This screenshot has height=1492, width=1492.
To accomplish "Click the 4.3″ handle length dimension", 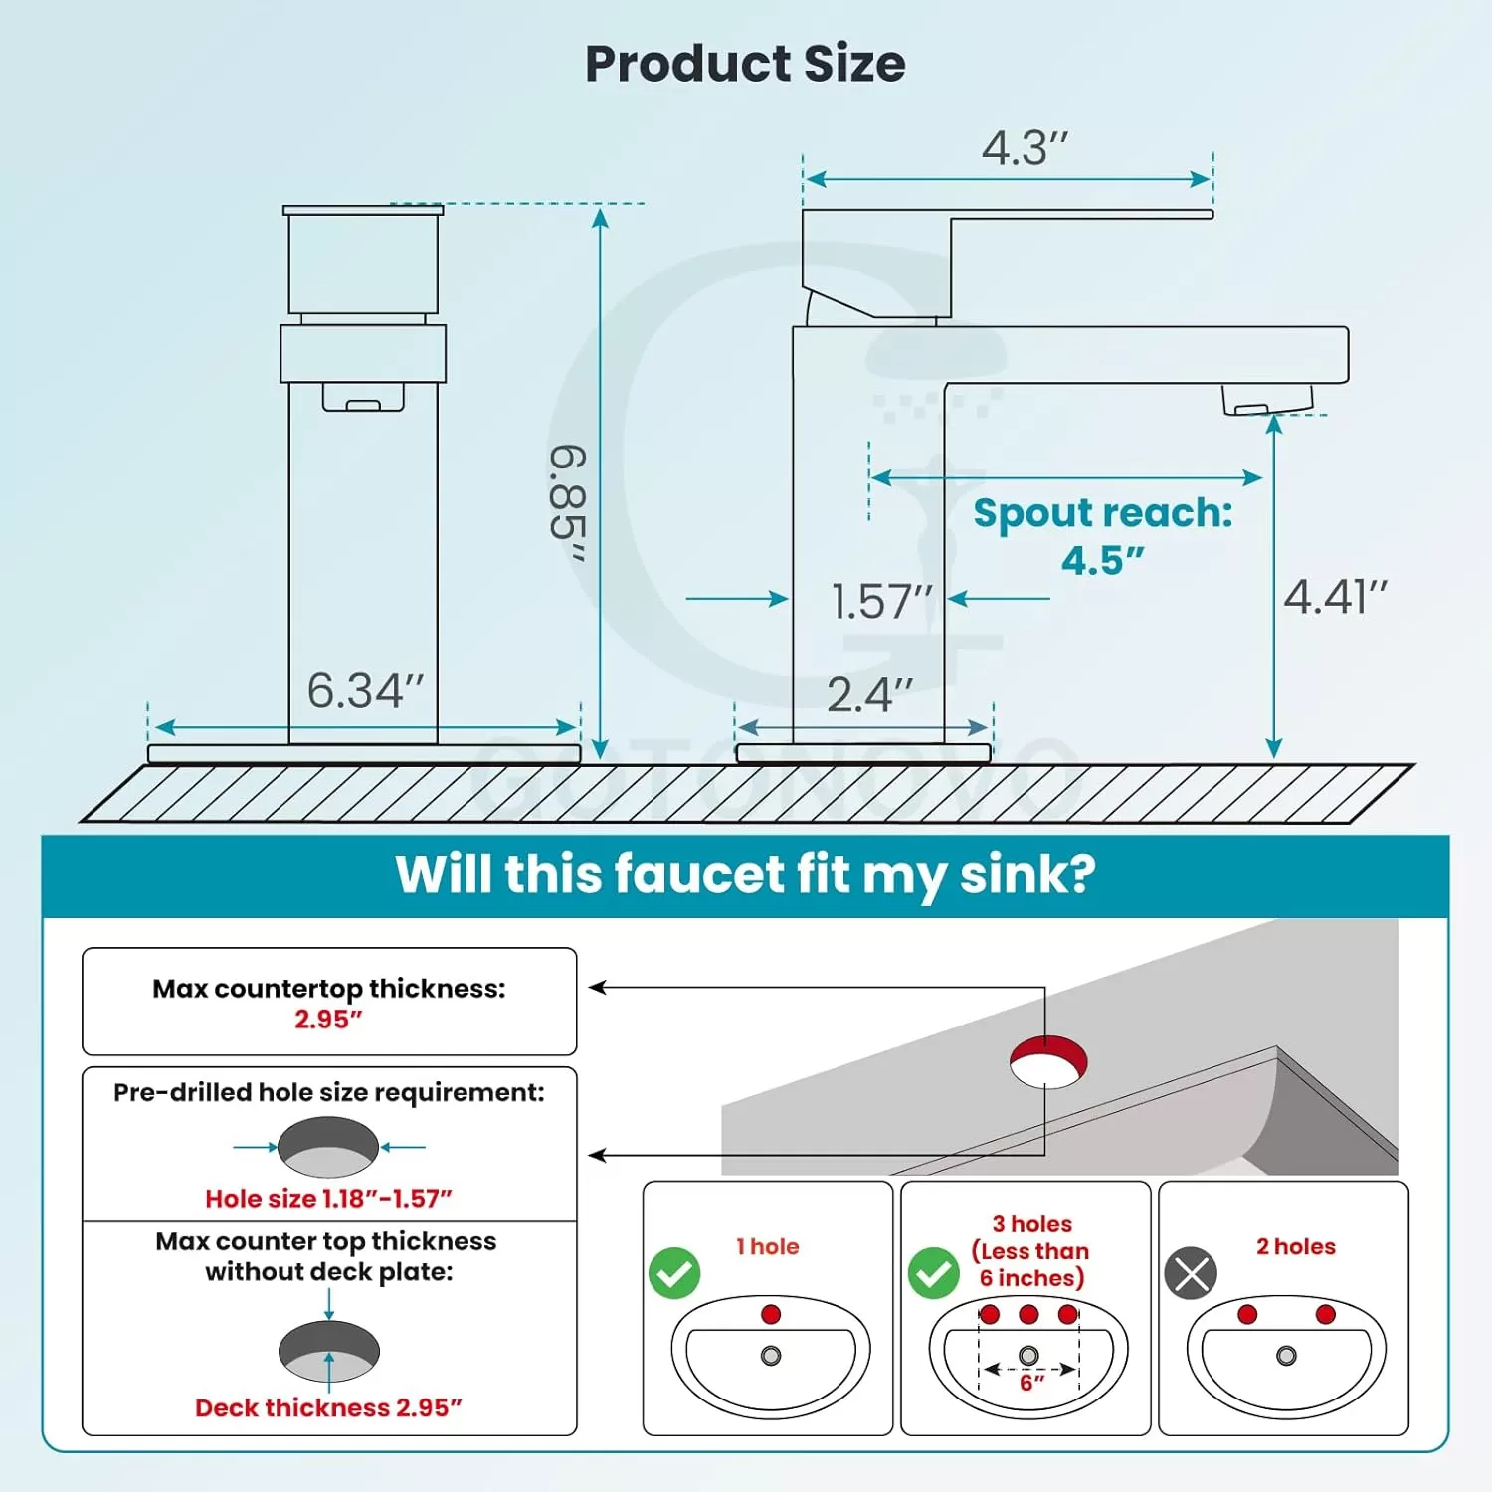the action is point(1025,148).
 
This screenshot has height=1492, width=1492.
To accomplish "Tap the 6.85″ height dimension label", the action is point(569,503).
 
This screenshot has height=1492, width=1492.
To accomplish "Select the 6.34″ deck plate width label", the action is point(365,691).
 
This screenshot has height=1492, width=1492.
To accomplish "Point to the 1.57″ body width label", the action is point(882,602).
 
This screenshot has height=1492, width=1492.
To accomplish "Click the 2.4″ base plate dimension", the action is point(869,694).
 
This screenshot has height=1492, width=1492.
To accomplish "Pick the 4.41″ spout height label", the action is point(1335,598).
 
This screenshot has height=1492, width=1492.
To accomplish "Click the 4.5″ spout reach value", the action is point(1102,561).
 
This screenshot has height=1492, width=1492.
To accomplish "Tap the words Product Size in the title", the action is point(745,64).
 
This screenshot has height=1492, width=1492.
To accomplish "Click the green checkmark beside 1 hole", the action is point(674,1273).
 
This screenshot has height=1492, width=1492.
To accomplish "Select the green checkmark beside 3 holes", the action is point(934,1273).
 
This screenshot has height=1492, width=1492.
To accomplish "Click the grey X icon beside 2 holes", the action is point(1191,1273).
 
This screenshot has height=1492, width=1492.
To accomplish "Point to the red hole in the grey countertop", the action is point(1048,1061).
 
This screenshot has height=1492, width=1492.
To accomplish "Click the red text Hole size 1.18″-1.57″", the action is point(328,1199).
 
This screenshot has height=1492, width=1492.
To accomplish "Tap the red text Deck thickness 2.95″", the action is point(328,1408).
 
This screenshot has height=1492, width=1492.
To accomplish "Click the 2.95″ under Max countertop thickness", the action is point(328,1020).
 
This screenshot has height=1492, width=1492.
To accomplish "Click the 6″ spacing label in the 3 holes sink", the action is point(1031,1383).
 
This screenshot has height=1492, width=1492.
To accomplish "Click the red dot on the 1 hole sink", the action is point(771,1315).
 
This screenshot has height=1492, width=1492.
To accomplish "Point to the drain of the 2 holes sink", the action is point(1286,1356).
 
